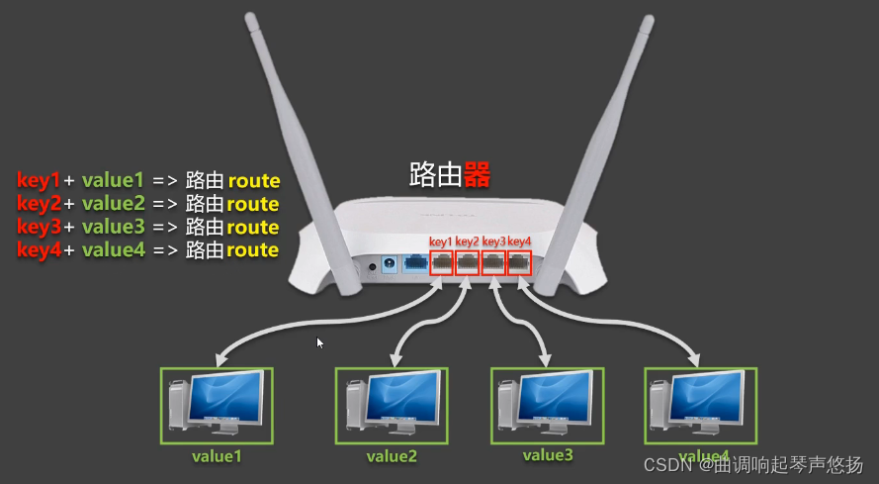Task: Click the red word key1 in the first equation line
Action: (x=40, y=181)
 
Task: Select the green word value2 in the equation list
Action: (x=113, y=204)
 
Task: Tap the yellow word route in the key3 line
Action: (x=253, y=228)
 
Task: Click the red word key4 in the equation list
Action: (x=40, y=250)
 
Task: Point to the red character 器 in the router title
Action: (x=477, y=175)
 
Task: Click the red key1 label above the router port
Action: (x=441, y=242)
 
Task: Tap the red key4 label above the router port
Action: (x=519, y=242)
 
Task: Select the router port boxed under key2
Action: (x=468, y=263)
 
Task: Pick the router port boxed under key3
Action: (x=493, y=263)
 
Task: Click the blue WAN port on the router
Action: (x=415, y=263)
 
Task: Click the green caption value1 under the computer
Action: (x=217, y=456)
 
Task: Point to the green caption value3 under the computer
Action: (x=547, y=455)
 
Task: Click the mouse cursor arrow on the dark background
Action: (x=319, y=342)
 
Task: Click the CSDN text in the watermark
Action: (x=665, y=464)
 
